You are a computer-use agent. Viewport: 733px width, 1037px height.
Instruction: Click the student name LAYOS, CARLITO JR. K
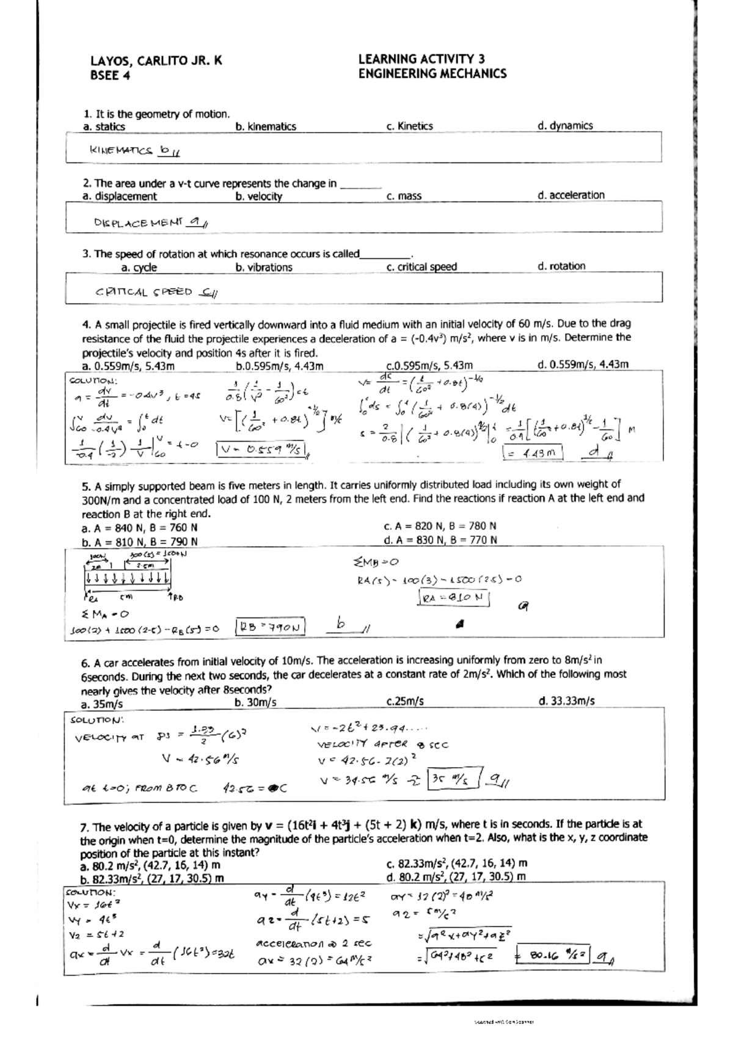pos(156,60)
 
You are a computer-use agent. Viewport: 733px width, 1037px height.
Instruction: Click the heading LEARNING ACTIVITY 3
pos(421,59)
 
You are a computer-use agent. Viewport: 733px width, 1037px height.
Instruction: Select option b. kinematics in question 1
pos(265,126)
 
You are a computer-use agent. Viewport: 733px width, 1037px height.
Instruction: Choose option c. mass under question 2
pos(404,196)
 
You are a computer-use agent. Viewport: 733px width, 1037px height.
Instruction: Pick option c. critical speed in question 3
pos(421,267)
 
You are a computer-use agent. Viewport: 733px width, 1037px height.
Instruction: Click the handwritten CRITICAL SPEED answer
pos(144,292)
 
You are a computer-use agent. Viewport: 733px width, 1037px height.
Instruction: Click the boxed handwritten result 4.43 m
pos(532,453)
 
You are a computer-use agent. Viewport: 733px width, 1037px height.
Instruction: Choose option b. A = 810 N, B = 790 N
pos(139,542)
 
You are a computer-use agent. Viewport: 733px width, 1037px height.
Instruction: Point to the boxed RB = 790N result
pos(270,627)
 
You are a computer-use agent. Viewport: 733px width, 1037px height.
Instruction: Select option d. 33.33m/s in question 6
pos(566,701)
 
